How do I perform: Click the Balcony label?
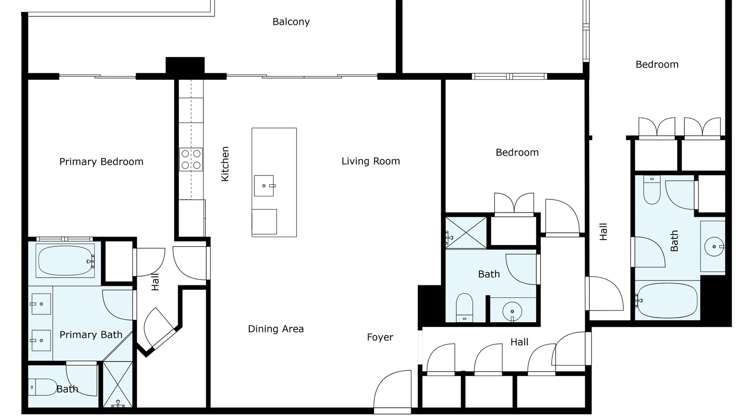click(x=291, y=22)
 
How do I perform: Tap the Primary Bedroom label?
click(x=101, y=162)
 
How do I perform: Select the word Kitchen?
click(x=225, y=164)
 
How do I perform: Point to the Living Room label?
click(x=371, y=161)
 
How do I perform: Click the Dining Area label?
click(x=276, y=329)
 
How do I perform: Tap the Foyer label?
click(x=380, y=337)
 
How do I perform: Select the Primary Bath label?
click(x=91, y=335)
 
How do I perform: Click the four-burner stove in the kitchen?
click(x=191, y=159)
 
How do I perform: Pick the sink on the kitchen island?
click(x=264, y=186)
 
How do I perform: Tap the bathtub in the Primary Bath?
click(x=66, y=261)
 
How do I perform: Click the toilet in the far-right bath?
click(x=652, y=190)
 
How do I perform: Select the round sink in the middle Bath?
click(x=512, y=311)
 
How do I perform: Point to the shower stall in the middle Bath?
click(x=466, y=232)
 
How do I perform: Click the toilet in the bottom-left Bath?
click(x=43, y=387)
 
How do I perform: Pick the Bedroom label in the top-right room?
click(x=657, y=65)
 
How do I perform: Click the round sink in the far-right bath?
click(x=714, y=247)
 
